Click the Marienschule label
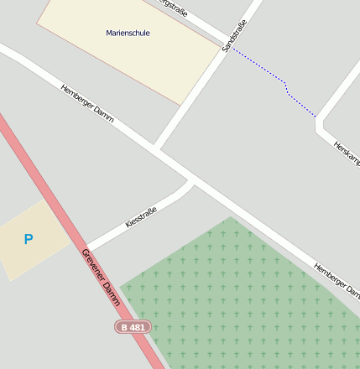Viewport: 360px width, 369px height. click(x=128, y=34)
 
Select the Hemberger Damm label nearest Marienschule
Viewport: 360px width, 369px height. click(x=87, y=103)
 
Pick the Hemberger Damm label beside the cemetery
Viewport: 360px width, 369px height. click(x=337, y=281)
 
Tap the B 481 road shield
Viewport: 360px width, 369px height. click(x=133, y=326)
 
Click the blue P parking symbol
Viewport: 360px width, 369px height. click(x=29, y=240)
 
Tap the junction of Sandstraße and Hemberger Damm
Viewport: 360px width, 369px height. click(x=156, y=148)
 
